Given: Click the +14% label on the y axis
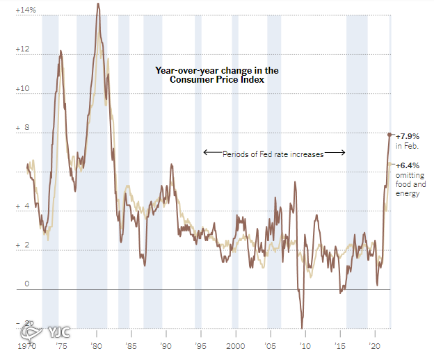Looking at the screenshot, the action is [x=26, y=10].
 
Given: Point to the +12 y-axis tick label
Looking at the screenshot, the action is [x=22, y=49].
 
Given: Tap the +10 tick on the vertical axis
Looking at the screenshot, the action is [x=22, y=88].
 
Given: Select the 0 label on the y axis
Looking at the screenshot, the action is [x=27, y=284].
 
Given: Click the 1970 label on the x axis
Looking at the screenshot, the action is [x=27, y=346].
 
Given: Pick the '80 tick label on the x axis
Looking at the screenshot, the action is [x=96, y=346].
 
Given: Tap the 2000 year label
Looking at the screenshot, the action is [x=236, y=346].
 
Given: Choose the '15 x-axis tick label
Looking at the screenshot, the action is [x=340, y=346].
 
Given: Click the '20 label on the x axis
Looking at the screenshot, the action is [x=375, y=346].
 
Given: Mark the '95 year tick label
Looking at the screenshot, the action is [x=201, y=346].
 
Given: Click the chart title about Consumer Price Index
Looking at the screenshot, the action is [x=217, y=75].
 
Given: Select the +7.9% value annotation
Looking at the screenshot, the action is [x=408, y=136].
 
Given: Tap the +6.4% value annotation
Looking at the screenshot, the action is [x=408, y=165].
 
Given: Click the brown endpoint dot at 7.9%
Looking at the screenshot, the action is [x=389, y=135].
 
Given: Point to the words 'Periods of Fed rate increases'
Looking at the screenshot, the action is [x=273, y=154].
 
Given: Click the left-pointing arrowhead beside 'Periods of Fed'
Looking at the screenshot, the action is [x=205, y=152].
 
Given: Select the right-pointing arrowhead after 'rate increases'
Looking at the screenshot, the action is [x=343, y=152].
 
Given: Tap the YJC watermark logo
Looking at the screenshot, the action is [x=46, y=332].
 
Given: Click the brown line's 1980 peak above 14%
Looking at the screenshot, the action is [x=98, y=4].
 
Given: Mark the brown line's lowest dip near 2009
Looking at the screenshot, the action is [x=302, y=327].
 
